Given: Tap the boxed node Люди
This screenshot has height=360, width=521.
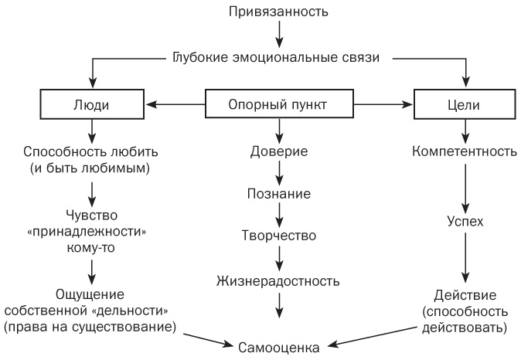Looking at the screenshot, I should point(92,104).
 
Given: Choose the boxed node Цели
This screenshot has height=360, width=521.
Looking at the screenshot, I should point(465,104).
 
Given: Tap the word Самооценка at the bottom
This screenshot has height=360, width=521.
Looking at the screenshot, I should point(279,347).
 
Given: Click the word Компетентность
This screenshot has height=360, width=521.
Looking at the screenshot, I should point(465,151).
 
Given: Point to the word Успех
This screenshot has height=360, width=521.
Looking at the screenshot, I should point(465,221).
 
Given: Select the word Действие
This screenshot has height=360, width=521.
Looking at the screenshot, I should point(465,295).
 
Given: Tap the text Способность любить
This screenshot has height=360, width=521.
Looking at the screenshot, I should point(92,151).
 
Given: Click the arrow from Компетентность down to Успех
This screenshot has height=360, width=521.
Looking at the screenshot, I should point(465,185).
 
